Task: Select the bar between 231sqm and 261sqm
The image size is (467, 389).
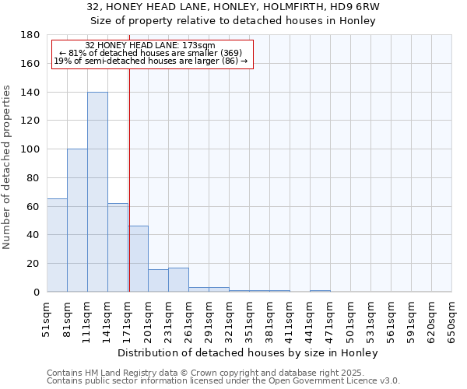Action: pyautogui.click(x=178, y=280)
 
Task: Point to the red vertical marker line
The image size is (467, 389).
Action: pyautogui.click(x=129, y=179)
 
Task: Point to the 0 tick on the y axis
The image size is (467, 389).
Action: pyautogui.click(x=36, y=293)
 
